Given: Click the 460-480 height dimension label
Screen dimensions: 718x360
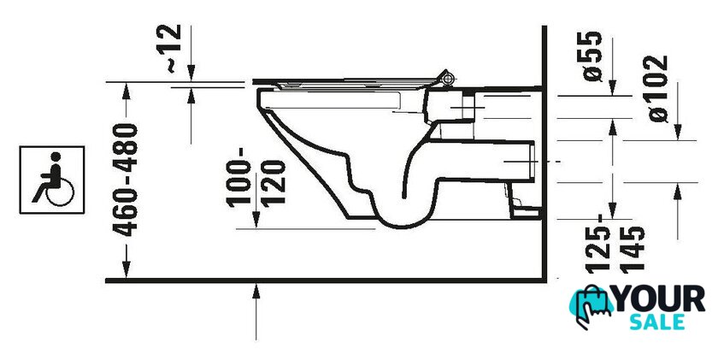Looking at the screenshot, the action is click(126, 180).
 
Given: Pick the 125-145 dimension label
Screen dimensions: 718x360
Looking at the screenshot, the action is click(616, 244).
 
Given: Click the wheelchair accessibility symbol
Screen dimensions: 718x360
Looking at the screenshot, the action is click(52, 180).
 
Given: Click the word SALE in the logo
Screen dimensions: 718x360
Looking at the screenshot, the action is click(657, 322).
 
